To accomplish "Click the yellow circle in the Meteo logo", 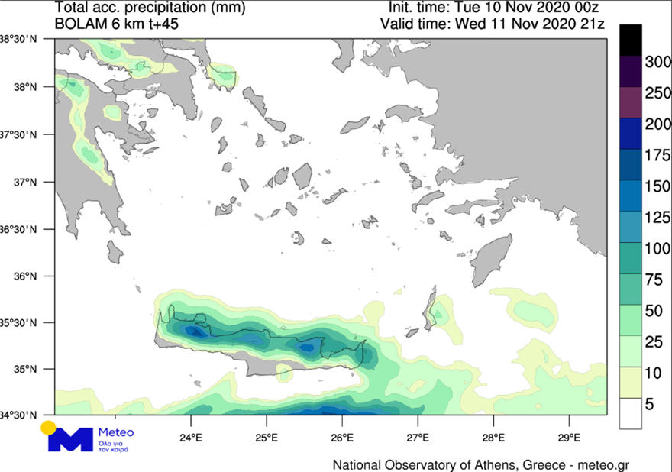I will pos(49,428).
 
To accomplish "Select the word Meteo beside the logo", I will pos(116,433).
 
